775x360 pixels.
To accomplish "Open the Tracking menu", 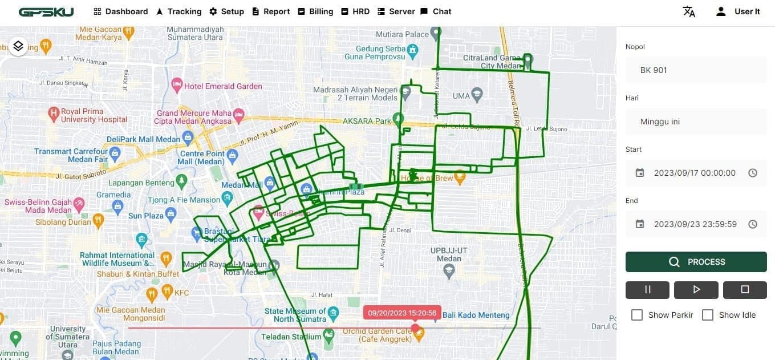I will (178, 11).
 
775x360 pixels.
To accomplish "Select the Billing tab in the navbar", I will (315, 11).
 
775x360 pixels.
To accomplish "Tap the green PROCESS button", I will (696, 262).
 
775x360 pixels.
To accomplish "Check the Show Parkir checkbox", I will (637, 315).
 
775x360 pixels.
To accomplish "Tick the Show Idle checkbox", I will (708, 315).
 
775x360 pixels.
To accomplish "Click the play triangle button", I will (696, 289).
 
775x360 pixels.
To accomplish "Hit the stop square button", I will (745, 289).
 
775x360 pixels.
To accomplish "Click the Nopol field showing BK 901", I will (696, 70).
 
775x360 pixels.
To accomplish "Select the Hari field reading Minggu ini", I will (696, 122).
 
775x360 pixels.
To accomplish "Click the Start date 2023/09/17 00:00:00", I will (695, 173).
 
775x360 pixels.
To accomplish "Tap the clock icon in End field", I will (753, 224).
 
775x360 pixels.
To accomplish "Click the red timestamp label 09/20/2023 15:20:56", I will (402, 313).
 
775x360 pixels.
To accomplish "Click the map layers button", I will (18, 46).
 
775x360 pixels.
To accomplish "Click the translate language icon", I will (689, 11).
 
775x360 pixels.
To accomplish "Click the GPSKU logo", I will (46, 11).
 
